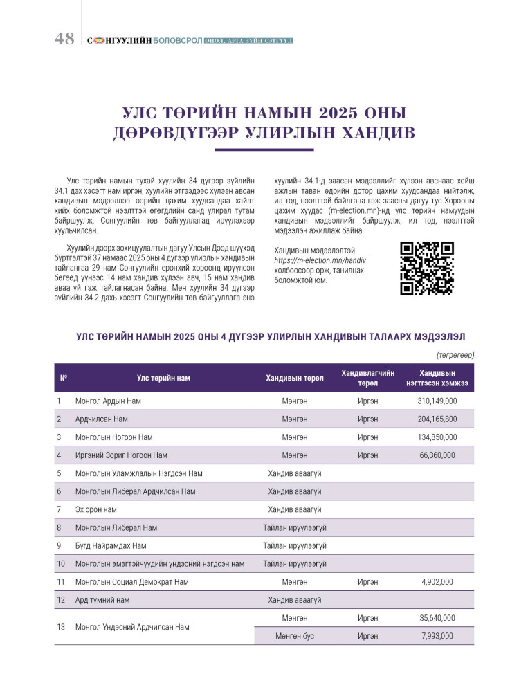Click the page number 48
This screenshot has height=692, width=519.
(64, 39)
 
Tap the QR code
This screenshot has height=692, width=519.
(427, 268)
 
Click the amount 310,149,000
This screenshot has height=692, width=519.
(437, 401)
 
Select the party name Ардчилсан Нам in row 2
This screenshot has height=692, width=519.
(102, 419)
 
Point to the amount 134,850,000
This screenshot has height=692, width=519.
(437, 437)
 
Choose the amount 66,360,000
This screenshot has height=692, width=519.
(437, 455)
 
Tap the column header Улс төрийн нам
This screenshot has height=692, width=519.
(163, 378)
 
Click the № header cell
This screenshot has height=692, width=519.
(64, 378)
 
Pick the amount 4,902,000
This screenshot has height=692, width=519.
(437, 582)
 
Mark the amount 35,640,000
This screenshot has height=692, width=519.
(437, 618)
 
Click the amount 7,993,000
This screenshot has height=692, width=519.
(437, 636)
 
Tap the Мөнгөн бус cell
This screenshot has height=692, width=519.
(295, 636)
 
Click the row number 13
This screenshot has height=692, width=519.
(61, 627)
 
